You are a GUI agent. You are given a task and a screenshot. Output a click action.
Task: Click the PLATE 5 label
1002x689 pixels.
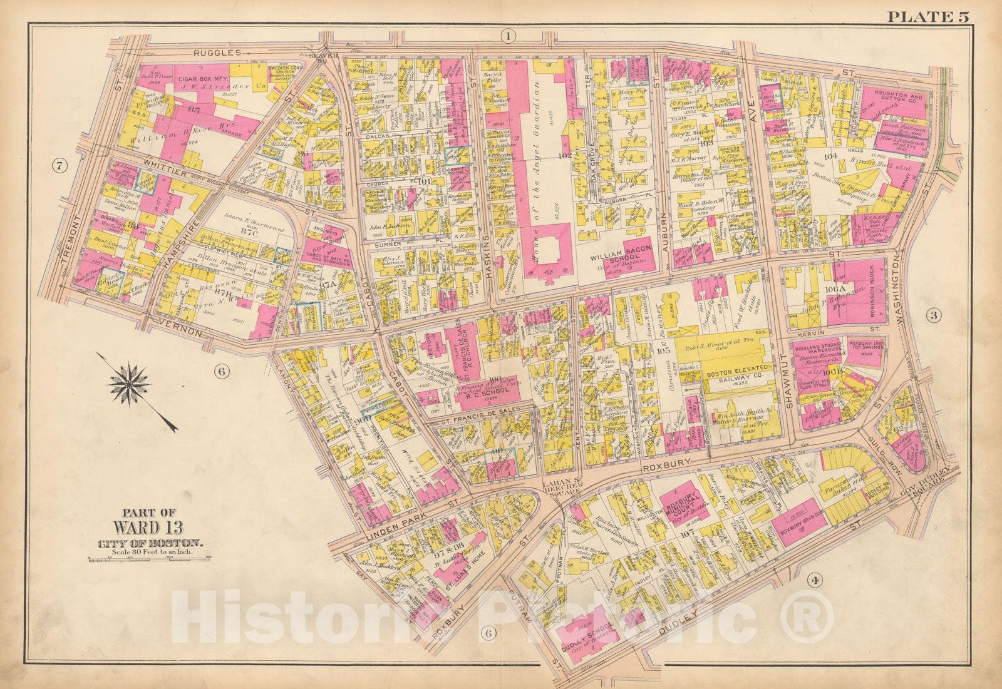click(x=927, y=16)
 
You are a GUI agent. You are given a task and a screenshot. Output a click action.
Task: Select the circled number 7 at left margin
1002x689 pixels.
click(x=59, y=166)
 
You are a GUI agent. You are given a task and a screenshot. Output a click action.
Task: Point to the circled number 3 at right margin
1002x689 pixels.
click(x=933, y=315)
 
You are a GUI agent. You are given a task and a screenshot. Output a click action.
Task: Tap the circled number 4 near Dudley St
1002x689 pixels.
click(x=814, y=581)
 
